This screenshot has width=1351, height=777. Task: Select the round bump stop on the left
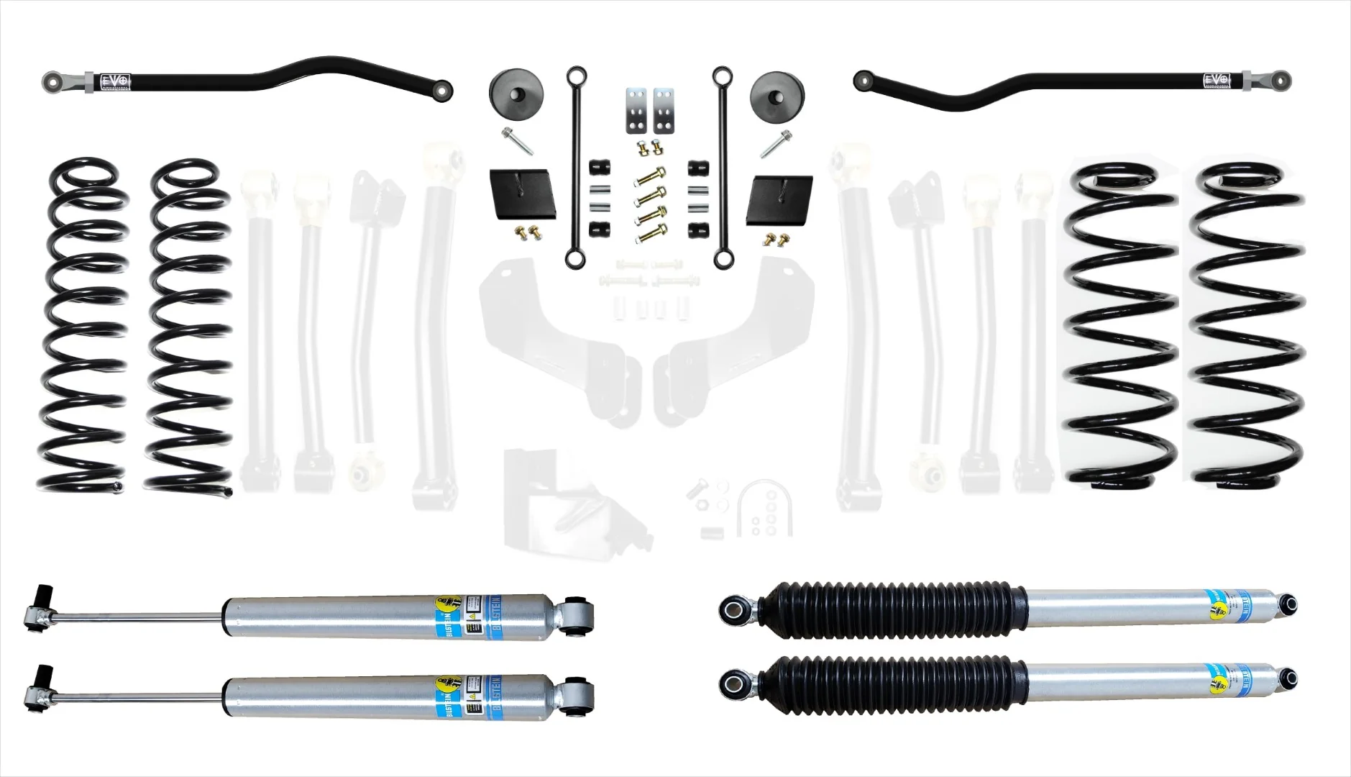point(516,91)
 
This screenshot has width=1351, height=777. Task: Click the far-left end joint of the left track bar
point(55,78)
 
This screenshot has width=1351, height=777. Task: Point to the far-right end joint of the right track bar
point(1279,78)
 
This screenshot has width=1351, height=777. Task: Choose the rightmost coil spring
point(1247,327)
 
